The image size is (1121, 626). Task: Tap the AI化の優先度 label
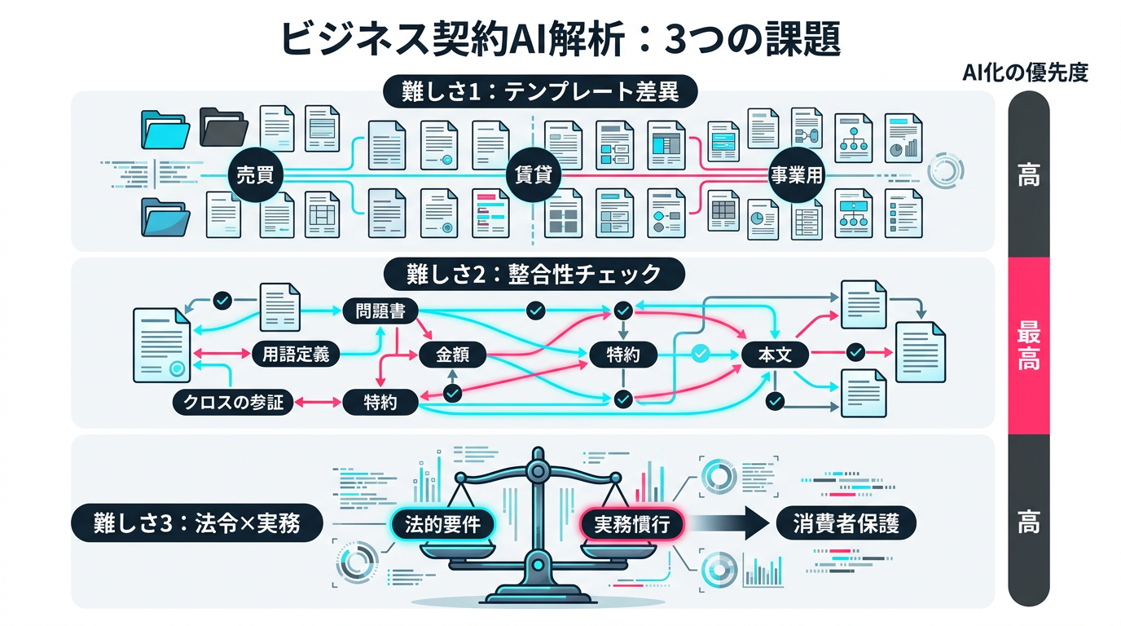pyautogui.click(x=1025, y=73)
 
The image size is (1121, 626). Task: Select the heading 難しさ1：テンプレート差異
pyautogui.click(x=540, y=91)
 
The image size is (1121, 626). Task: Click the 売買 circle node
pyautogui.click(x=253, y=174)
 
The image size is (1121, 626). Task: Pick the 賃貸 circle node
pyautogui.click(x=534, y=174)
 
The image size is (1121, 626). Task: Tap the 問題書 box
pyautogui.click(x=376, y=311)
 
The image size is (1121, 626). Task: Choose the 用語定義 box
pyautogui.click(x=291, y=354)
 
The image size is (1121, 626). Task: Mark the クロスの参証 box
pyautogui.click(x=233, y=401)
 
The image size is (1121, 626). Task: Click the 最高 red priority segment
pyautogui.click(x=1028, y=346)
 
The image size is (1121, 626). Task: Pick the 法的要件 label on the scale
pyautogui.click(x=442, y=524)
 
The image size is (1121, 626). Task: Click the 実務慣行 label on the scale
pyautogui.click(x=632, y=524)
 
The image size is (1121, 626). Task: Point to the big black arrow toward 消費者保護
pyautogui.click(x=732, y=523)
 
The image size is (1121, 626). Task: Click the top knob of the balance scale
pyautogui.click(x=537, y=469)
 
